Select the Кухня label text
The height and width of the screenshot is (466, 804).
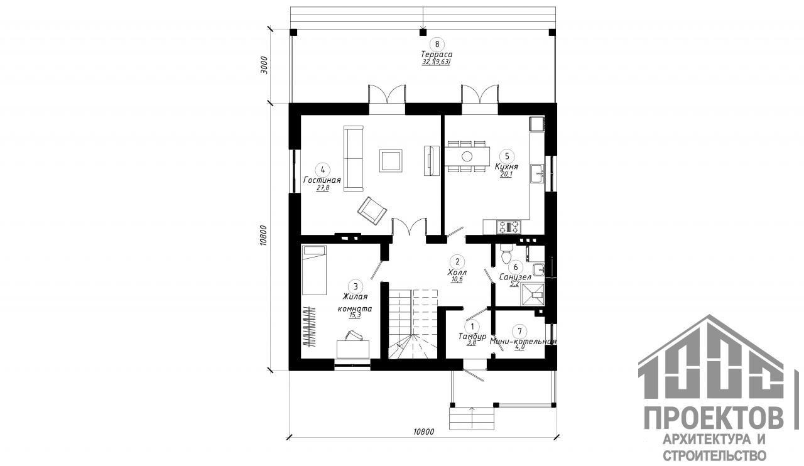pos(506,167)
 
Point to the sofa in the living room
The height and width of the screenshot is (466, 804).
pos(354,158)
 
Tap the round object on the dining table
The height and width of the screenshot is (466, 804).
pos(467,156)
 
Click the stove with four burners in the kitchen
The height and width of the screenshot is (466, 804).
pos(509,226)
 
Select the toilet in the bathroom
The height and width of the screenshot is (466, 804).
pos(507,254)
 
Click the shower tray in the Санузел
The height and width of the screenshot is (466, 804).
pos(532,293)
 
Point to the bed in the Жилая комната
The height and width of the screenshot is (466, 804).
pos(314,270)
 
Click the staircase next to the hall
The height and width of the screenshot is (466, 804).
pos(412,323)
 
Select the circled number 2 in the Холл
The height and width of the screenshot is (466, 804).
pos(457,262)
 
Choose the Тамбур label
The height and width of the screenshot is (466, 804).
pos(472,337)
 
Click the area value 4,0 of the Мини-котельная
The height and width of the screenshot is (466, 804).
pos(519,347)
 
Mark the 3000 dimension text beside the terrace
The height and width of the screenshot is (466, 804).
pos(264,65)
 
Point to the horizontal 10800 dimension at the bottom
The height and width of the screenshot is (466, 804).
pos(424,431)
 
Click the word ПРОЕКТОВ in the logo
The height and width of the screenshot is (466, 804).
pos(715,418)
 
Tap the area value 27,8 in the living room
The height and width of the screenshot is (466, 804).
pos(323,188)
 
